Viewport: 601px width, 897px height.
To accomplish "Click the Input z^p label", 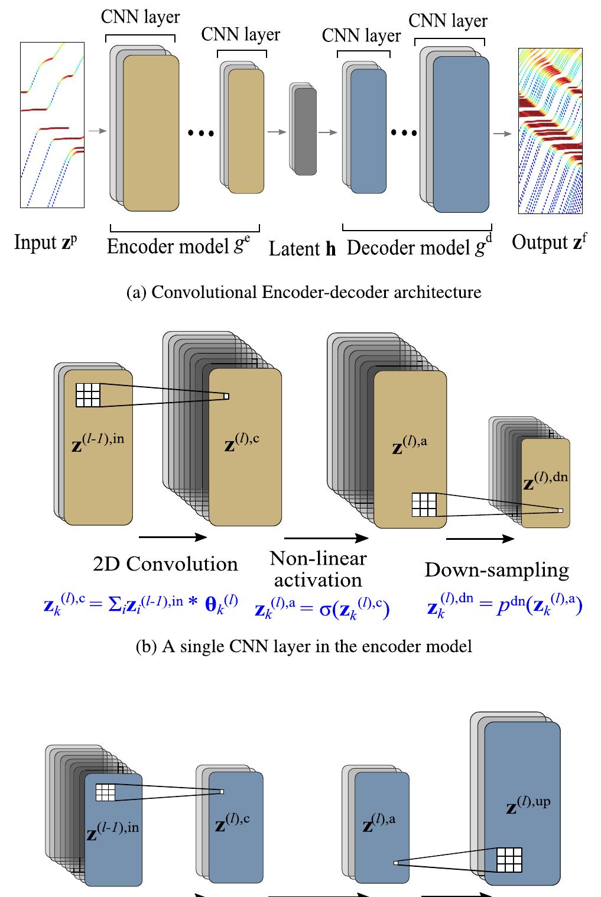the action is tap(46, 242).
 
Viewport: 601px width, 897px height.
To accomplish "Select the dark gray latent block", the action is tap(306, 132).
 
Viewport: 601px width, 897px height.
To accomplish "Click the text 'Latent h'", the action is tap(302, 249).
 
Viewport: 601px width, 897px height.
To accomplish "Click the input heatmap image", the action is tap(53, 125).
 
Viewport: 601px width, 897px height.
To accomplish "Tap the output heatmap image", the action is tap(550, 131).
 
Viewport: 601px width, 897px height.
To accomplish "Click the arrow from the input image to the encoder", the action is tap(98, 131).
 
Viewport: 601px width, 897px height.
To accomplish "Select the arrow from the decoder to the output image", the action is tap(502, 134).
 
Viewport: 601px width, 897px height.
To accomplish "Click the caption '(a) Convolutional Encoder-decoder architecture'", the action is tap(304, 292).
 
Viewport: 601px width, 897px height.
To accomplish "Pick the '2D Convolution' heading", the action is tap(165, 564).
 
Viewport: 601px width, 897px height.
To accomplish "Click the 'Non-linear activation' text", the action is tap(318, 569).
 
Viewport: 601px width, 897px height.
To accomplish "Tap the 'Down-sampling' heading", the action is tap(496, 570).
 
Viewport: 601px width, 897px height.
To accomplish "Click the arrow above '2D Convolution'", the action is tap(173, 537).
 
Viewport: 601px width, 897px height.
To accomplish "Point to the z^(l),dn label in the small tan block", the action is tap(545, 481).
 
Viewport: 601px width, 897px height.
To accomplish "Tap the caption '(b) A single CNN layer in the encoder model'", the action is tap(304, 646).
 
